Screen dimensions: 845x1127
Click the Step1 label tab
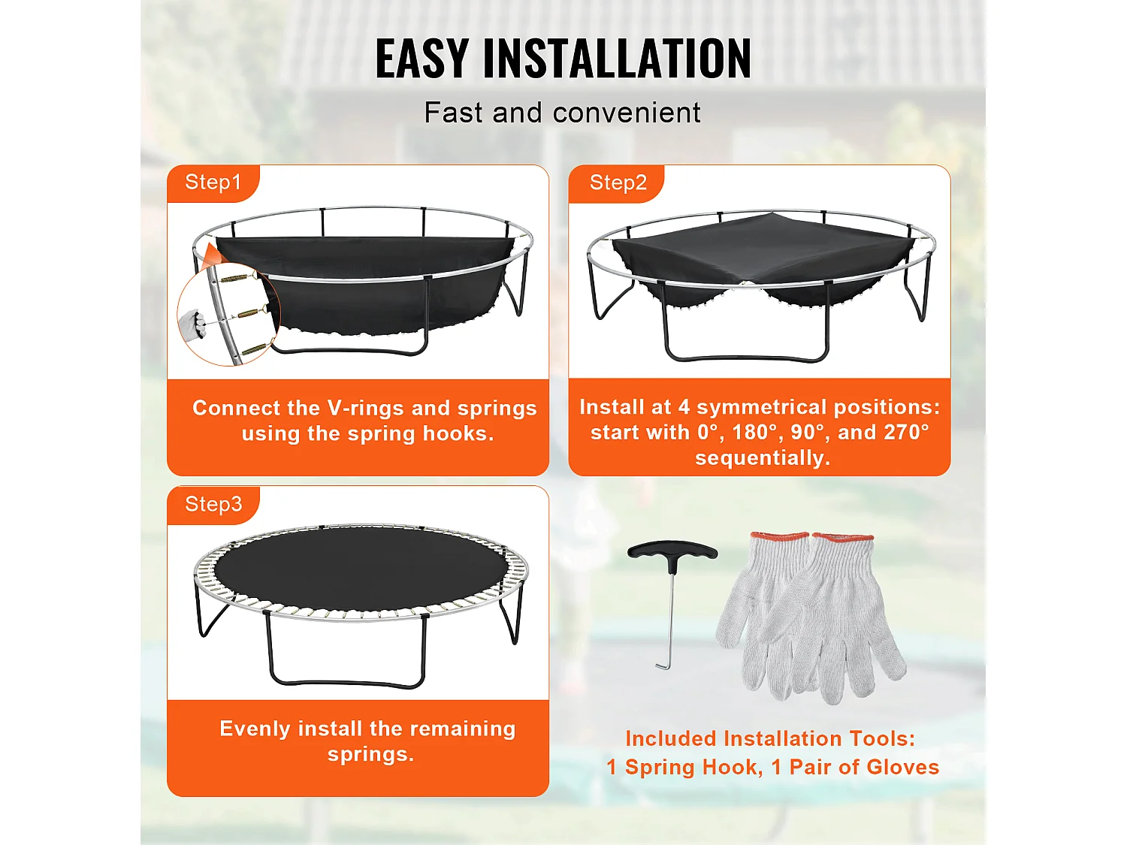click(x=213, y=183)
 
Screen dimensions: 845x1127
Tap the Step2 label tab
click(x=618, y=183)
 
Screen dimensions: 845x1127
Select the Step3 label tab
click(x=213, y=504)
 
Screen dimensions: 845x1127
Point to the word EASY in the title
click(x=422, y=59)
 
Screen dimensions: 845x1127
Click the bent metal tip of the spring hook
click(x=662, y=665)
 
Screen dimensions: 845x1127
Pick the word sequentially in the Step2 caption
click(x=763, y=458)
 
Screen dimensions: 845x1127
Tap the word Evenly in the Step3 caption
click(x=255, y=729)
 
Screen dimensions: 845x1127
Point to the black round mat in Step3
click(x=361, y=567)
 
